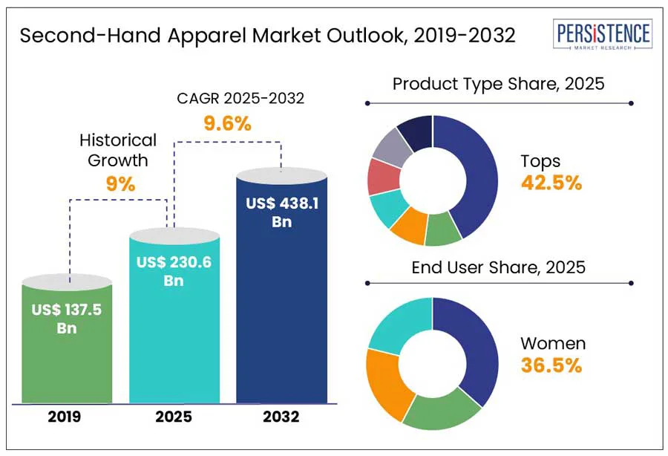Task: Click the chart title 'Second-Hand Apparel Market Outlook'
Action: pos(267,36)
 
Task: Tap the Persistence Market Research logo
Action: pos(603,35)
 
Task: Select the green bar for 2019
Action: pos(67,364)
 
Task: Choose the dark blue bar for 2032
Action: pos(281,312)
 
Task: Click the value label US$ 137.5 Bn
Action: pos(67,318)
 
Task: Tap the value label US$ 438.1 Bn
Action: pos(282,212)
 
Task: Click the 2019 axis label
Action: pos(66,417)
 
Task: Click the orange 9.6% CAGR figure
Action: pos(229,124)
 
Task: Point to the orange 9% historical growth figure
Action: pos(120,183)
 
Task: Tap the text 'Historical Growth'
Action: pos(118,149)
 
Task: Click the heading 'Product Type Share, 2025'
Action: pos(498,83)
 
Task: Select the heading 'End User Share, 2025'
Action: pos(498,267)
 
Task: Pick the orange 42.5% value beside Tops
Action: pos(551,183)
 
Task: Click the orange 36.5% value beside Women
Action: pos(551,365)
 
